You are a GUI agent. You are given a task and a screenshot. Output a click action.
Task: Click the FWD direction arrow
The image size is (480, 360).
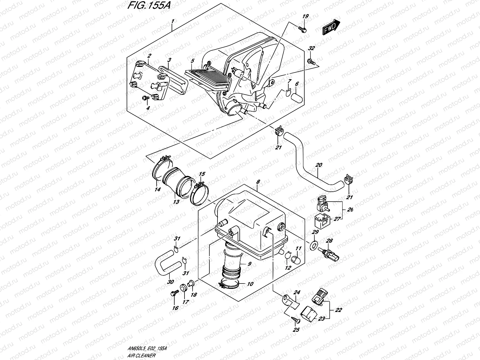(331, 27)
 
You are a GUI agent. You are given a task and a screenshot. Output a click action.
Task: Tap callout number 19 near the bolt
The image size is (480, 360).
(305, 16)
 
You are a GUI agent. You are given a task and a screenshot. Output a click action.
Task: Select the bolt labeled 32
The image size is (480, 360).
(311, 62)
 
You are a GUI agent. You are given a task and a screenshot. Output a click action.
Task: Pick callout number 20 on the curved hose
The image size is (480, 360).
(319, 165)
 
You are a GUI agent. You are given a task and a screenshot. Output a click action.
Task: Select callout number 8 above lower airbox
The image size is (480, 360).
(258, 182)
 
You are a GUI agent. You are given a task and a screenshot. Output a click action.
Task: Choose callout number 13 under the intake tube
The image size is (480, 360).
(176, 202)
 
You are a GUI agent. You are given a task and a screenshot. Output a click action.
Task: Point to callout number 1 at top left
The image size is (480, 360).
(172, 21)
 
